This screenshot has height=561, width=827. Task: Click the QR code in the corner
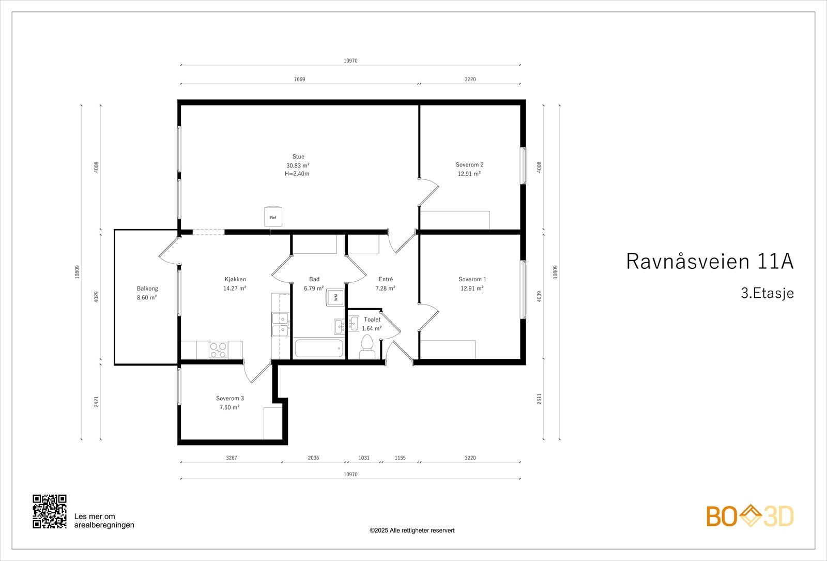pos(50,511)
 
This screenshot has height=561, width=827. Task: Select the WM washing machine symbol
pos(335,297)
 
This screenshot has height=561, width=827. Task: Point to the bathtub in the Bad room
pos(319,348)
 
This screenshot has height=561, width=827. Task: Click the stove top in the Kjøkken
pos(218,350)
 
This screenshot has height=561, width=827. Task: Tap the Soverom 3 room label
pos(229,398)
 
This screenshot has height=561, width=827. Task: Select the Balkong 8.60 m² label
pos(147,293)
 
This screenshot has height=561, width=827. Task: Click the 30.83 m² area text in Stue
pos(298,165)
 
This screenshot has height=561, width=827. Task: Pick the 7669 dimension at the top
pos(299,80)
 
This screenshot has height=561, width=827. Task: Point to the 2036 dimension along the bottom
pos(313,458)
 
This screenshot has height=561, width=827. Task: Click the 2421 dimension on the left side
pos(97,402)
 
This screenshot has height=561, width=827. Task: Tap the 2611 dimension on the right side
pos(539,399)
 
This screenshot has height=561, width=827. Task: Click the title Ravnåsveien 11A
pos(709,262)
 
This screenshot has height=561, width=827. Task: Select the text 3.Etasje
pos(767,294)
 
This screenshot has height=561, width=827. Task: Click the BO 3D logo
pos(750,516)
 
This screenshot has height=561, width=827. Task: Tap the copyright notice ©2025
pos(412,530)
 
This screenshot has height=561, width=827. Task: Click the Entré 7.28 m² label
pos(386,284)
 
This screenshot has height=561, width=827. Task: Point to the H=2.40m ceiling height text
pos(297,174)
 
